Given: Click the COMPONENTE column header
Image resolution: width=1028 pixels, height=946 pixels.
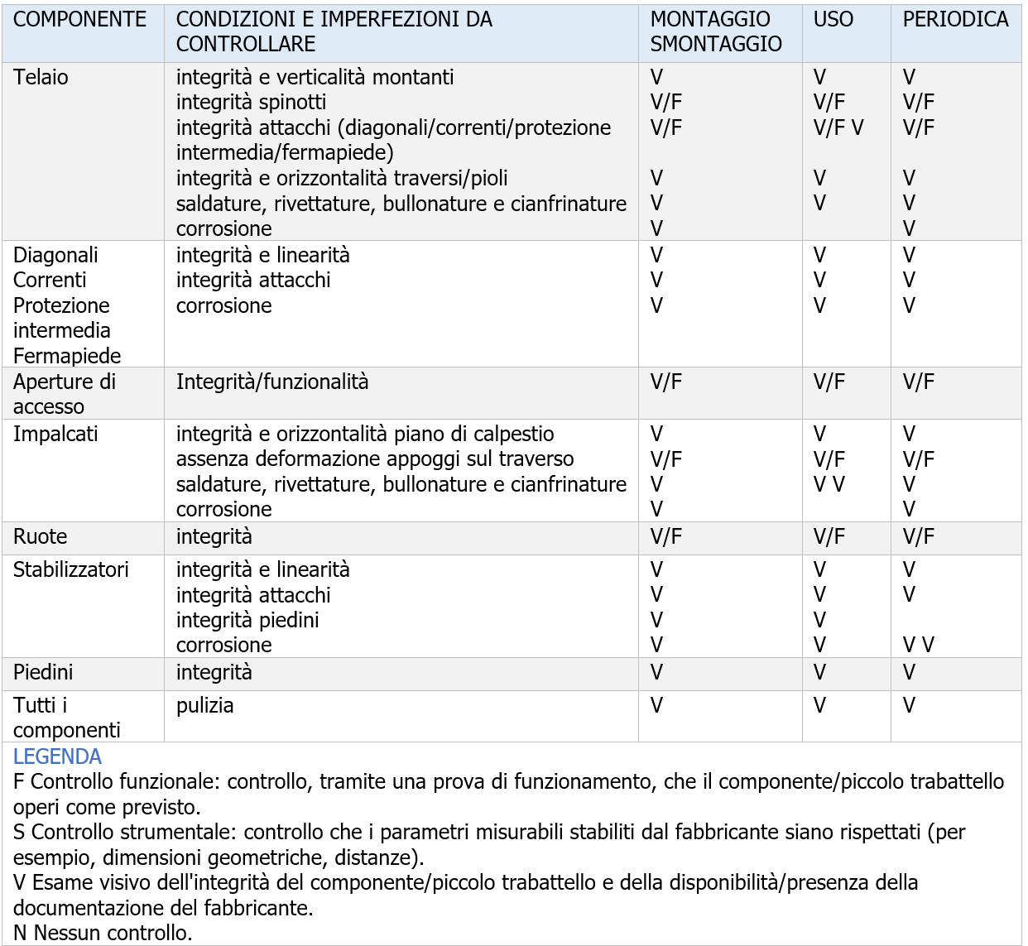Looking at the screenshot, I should (79, 20).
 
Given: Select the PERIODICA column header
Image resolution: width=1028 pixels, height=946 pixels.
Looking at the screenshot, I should (955, 20).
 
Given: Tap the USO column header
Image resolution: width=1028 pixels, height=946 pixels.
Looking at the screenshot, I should (833, 20).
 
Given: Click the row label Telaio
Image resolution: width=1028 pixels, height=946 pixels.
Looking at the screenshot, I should (41, 78).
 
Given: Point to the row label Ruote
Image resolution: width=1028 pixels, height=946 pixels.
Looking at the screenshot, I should (40, 536).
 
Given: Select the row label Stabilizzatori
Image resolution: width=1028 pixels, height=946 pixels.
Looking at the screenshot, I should (71, 569).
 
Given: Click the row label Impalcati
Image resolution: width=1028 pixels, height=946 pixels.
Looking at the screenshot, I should (55, 434).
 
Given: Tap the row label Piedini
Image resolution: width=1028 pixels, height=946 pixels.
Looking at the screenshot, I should (43, 672).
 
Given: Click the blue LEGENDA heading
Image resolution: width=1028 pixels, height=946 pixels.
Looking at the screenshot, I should (57, 756).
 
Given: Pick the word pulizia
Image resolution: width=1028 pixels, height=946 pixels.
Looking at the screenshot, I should (204, 705).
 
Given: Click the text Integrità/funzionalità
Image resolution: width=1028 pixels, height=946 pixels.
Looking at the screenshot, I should (272, 382).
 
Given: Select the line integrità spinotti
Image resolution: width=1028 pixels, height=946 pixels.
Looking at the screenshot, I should (251, 103).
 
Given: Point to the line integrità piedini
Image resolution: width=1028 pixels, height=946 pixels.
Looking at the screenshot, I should (247, 620).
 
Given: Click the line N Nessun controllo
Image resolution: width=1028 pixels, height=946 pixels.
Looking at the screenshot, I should (103, 933).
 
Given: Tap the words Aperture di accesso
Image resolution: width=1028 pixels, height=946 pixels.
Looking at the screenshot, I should (65, 394).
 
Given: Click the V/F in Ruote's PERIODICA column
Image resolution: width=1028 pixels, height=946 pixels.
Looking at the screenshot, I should (918, 536).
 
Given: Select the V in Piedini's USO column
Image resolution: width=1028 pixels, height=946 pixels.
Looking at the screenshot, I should (819, 672).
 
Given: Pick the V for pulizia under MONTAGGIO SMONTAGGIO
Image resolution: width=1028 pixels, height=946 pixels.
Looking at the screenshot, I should (656, 705).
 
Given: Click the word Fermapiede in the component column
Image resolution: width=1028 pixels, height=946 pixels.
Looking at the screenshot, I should (67, 356).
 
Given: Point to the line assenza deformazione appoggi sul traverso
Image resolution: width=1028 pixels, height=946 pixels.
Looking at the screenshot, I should (375, 459).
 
